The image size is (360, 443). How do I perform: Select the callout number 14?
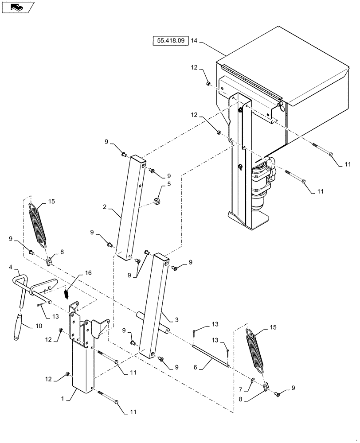(x=194, y=41)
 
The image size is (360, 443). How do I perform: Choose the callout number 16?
(x=87, y=273)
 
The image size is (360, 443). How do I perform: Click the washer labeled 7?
(x=252, y=380)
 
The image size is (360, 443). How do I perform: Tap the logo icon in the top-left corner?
(x=18, y=7)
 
